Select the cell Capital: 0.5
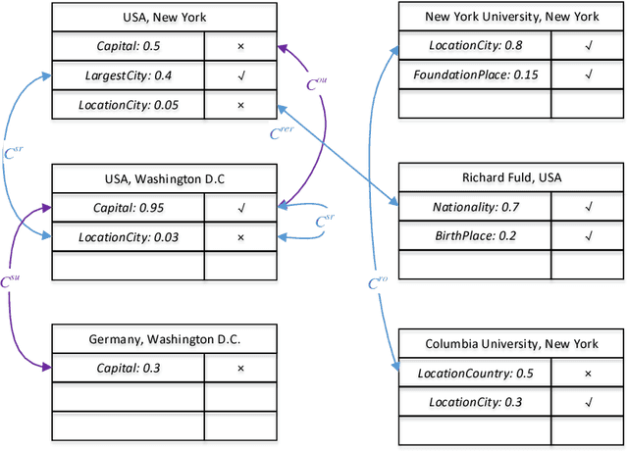[x=130, y=45]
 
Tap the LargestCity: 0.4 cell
[x=130, y=75]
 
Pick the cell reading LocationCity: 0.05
[x=130, y=104]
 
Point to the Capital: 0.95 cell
[x=130, y=208]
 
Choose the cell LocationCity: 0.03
[x=130, y=237]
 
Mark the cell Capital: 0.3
[x=130, y=369]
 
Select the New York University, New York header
[x=511, y=17]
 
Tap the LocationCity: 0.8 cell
[x=475, y=45]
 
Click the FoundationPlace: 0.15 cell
[x=475, y=75]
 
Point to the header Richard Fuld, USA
[x=511, y=178]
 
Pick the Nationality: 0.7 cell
[x=475, y=208]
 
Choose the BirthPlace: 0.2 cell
[x=475, y=236]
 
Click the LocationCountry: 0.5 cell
[x=475, y=374]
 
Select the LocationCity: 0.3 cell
[x=475, y=402]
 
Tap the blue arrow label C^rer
[x=282, y=132]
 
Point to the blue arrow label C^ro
[x=379, y=284]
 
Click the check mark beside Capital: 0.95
[x=241, y=208]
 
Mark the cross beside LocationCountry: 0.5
[x=587, y=374]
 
